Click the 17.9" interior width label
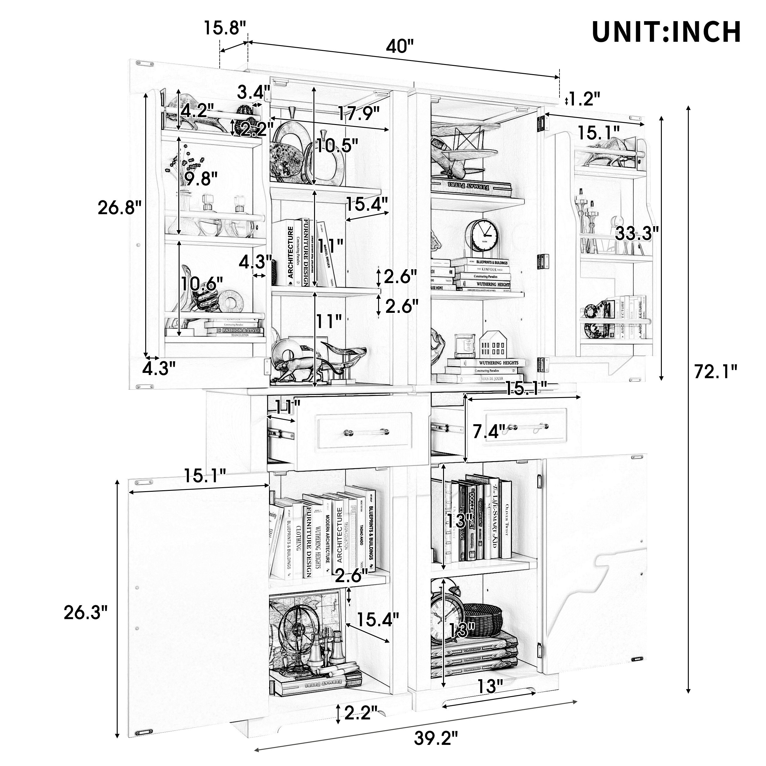pos(358,114)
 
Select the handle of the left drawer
pos(366,432)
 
